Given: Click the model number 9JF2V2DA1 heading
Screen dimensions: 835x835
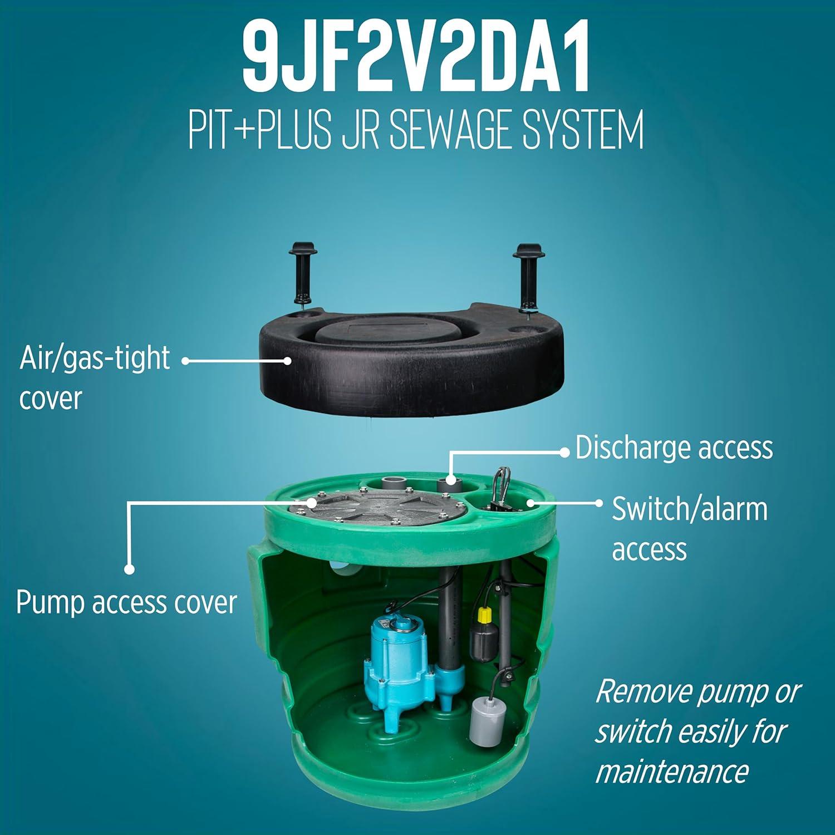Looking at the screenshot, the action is click(x=416, y=58).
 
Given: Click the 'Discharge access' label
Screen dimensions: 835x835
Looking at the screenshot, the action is click(x=674, y=448).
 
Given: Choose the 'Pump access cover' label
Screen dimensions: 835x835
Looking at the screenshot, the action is click(x=127, y=602).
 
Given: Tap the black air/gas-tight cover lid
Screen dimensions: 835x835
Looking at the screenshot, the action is click(x=412, y=356).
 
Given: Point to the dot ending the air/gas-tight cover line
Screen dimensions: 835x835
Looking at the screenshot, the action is click(x=287, y=361).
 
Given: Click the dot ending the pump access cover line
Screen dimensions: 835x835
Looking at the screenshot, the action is click(x=129, y=569).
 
